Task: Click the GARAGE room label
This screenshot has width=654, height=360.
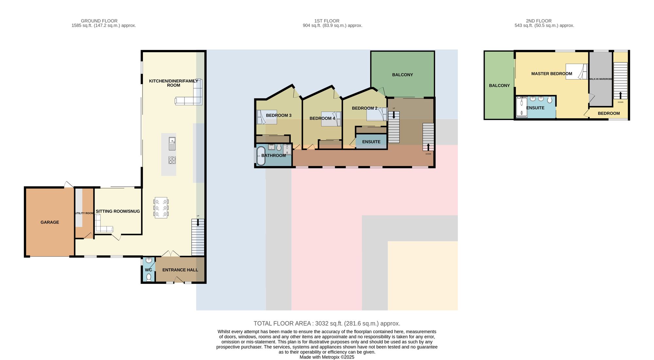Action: pyautogui.click(x=50, y=222)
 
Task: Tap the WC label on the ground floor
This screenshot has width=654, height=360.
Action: pyautogui.click(x=148, y=270)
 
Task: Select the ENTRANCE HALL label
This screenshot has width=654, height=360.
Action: pyautogui.click(x=180, y=270)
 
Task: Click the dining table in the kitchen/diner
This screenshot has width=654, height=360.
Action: pyautogui.click(x=161, y=208)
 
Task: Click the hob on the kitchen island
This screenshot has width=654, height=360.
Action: pyautogui.click(x=172, y=160)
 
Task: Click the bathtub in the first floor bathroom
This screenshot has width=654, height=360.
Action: pyautogui.click(x=261, y=156)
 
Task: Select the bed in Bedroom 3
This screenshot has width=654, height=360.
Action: pyautogui.click(x=267, y=117)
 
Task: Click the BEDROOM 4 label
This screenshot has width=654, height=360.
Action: pyautogui.click(x=322, y=118)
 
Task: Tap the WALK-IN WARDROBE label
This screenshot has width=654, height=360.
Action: pyautogui.click(x=601, y=79)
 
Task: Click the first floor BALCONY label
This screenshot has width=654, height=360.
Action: pyautogui.click(x=403, y=75)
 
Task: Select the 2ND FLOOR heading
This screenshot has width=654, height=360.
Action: pyautogui.click(x=539, y=21)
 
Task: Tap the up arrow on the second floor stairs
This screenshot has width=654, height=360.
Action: pyautogui.click(x=620, y=95)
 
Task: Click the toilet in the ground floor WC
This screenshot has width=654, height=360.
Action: pyautogui.click(x=149, y=277)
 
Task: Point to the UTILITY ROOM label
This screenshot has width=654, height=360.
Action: pyautogui.click(x=84, y=213)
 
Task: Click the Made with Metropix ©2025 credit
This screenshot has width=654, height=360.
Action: pyautogui.click(x=327, y=357)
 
